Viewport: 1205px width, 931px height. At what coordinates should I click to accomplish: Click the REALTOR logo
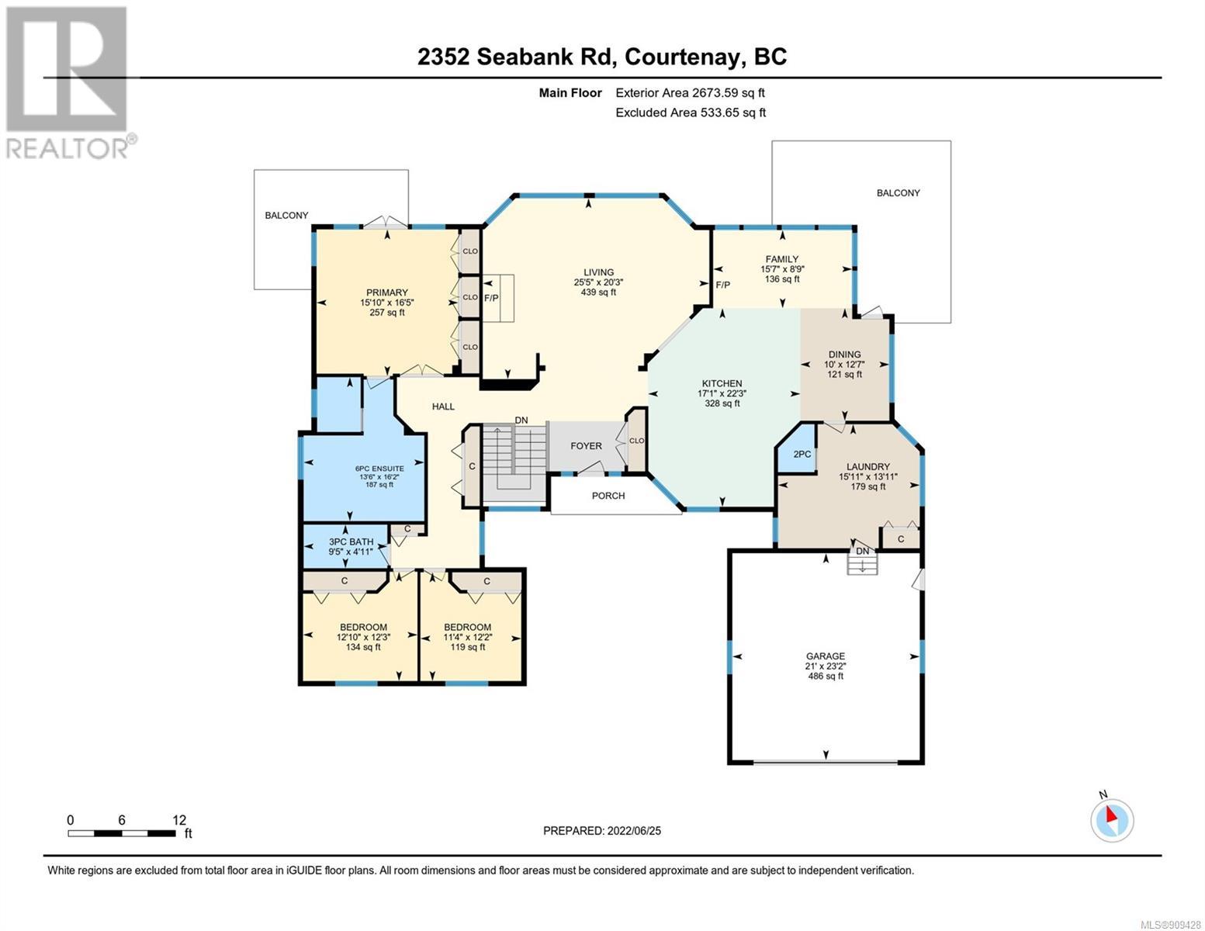pyautogui.click(x=69, y=82)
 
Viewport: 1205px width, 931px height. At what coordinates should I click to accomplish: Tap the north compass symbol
pyautogui.click(x=1111, y=819)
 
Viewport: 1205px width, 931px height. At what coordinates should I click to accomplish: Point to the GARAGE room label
pyautogui.click(x=826, y=656)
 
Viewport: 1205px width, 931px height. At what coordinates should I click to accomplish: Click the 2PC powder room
pyautogui.click(x=802, y=454)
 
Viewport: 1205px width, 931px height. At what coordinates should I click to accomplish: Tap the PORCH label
pyautogui.click(x=608, y=496)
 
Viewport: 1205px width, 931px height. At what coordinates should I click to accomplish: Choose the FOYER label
pyautogui.click(x=586, y=446)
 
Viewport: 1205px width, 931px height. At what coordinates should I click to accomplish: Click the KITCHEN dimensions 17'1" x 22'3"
pyautogui.click(x=722, y=393)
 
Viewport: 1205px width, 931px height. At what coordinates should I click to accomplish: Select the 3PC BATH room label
pyautogui.click(x=351, y=542)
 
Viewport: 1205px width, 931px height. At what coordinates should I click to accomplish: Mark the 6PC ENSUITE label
pyautogui.click(x=379, y=469)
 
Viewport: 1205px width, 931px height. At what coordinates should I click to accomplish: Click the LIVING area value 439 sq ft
pyautogui.click(x=598, y=292)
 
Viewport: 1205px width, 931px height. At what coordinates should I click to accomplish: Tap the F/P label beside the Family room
pyautogui.click(x=722, y=285)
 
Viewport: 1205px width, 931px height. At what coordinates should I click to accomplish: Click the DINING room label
pyautogui.click(x=844, y=355)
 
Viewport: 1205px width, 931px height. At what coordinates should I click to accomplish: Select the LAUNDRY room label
pyautogui.click(x=867, y=467)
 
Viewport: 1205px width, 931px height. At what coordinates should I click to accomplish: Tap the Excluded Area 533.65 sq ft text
pyautogui.click(x=691, y=112)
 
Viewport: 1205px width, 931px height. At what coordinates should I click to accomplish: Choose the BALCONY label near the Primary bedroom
pyautogui.click(x=286, y=215)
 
